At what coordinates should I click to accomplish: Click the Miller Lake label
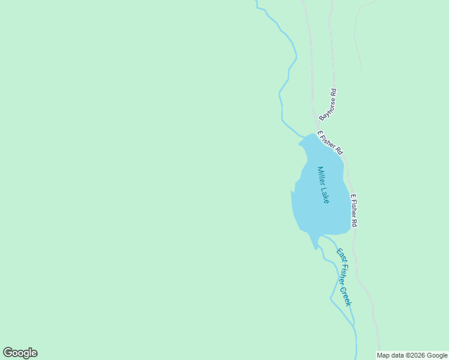pos(323,185)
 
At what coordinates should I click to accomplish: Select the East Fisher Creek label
pos(343,277)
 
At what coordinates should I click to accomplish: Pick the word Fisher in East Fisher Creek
pos(343,273)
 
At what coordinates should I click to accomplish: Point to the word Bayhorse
pos(327,109)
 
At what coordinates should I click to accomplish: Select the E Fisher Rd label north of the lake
pos(330,142)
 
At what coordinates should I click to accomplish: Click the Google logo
pos(20,353)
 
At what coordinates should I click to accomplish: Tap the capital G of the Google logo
pos(7,353)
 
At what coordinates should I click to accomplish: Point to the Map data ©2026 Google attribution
pos(412,356)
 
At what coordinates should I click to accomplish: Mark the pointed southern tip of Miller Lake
pos(316,248)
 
